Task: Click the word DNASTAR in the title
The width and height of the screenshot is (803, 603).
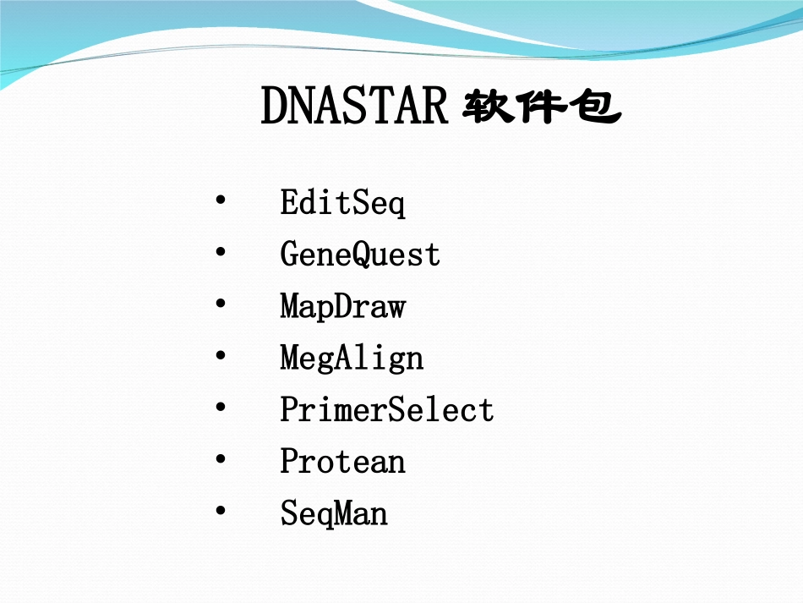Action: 353,107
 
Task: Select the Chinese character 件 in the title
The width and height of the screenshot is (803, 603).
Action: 540,108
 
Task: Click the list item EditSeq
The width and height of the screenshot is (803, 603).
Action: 342,204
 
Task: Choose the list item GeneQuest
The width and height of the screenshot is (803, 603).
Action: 360,255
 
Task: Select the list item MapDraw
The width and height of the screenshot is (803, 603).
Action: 342,307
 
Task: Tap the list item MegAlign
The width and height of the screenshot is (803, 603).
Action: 352,359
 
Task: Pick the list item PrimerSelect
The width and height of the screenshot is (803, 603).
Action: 386,410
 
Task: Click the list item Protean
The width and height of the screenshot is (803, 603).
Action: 342,462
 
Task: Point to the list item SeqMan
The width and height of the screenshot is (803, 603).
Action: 334,513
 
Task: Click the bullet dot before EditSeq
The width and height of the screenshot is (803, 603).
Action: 221,201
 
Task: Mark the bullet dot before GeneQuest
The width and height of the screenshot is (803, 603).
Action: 221,253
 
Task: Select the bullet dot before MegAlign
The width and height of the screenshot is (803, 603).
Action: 221,356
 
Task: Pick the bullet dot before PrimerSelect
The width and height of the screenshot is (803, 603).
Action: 221,408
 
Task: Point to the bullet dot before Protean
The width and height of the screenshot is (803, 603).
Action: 221,459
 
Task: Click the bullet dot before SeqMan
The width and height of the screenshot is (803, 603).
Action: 221,511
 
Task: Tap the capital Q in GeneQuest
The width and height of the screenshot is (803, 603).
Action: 360,255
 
